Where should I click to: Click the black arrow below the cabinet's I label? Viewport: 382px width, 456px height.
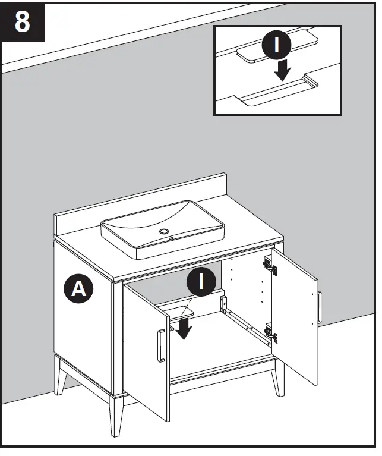pos(184,327)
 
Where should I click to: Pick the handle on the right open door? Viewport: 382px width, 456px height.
pos(319,308)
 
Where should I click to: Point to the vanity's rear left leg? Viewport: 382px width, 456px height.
pos(62,377)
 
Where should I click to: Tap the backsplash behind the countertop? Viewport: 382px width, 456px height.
pos(143,196)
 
